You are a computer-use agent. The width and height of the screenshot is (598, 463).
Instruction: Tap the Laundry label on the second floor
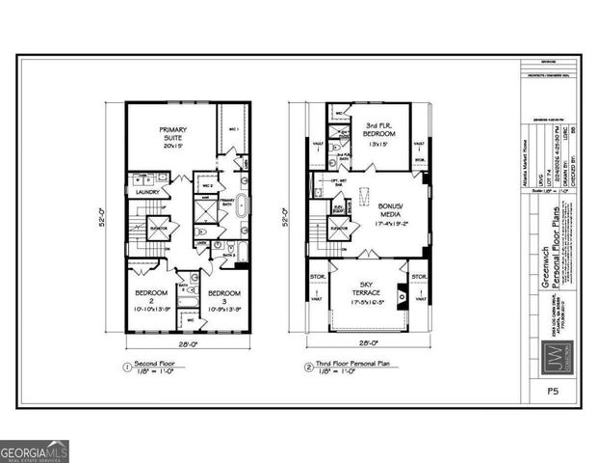(147, 192)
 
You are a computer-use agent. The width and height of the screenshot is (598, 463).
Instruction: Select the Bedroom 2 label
(152, 299)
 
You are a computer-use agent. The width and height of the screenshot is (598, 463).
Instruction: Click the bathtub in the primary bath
(242, 205)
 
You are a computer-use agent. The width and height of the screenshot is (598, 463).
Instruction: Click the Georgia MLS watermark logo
(35, 451)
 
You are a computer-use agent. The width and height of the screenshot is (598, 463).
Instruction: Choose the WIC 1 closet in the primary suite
(233, 128)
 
